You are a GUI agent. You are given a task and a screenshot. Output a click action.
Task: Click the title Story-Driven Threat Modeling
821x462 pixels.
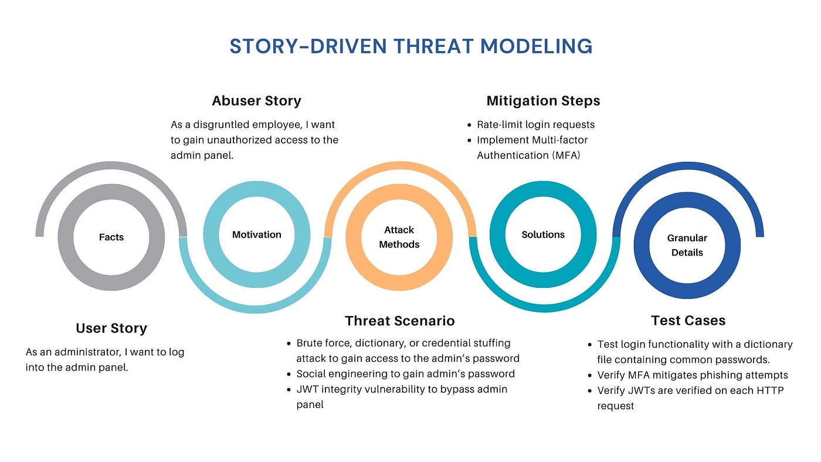tap(410, 46)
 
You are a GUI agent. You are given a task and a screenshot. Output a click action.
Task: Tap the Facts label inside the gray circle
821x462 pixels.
tap(111, 237)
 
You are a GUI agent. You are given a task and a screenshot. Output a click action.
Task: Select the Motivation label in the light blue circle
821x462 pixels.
tap(257, 235)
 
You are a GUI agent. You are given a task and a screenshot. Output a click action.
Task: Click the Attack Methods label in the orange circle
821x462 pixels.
tap(399, 237)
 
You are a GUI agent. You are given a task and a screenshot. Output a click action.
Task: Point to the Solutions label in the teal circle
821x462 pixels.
tap(543, 235)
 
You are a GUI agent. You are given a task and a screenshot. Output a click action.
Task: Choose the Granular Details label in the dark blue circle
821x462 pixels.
tap(687, 245)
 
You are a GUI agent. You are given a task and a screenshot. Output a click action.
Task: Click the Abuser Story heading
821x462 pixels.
tap(256, 101)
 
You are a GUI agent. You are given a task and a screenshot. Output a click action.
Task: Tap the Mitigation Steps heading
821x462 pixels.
tap(543, 101)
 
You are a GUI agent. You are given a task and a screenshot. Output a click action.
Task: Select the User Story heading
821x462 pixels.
tap(111, 328)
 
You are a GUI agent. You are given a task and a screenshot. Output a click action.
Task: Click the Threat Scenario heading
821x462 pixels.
tap(399, 321)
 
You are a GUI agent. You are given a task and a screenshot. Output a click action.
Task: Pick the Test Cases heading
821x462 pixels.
tap(688, 321)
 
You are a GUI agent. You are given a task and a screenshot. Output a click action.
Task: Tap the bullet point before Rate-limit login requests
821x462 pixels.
tap(469, 125)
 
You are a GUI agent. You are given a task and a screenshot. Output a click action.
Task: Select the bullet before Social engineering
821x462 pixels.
tap(289, 374)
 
